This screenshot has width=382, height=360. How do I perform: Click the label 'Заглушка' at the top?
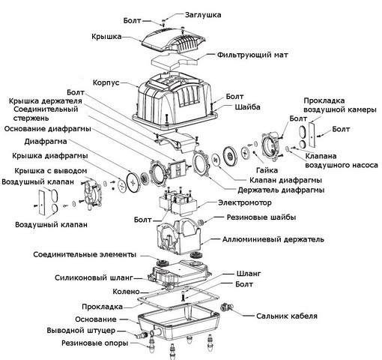point(203,15)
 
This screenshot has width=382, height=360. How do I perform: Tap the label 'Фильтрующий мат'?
point(252,55)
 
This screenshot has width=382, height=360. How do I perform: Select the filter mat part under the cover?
point(174,61)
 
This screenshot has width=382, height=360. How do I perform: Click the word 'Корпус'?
point(106,82)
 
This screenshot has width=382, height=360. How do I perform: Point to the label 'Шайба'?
point(247,107)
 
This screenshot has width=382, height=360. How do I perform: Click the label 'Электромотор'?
point(245,202)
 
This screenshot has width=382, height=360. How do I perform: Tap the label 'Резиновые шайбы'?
point(261,217)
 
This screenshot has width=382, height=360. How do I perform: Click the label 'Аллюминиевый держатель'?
point(273,239)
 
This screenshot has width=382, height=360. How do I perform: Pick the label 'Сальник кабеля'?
point(287,316)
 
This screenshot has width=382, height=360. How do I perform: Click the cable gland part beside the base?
point(227,307)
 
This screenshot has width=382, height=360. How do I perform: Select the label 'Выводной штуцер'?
point(81,331)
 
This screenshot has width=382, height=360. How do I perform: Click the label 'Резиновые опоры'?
point(95,343)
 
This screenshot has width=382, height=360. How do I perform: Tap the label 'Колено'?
point(126,292)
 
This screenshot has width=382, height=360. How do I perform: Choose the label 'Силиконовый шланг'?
point(94,277)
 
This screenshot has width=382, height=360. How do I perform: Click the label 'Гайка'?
point(267,170)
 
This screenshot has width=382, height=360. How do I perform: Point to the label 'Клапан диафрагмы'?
point(285,180)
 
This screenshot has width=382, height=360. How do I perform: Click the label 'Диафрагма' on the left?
point(46,142)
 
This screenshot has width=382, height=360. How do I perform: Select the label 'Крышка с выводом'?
point(51,171)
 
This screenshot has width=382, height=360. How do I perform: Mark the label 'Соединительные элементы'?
point(85,255)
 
